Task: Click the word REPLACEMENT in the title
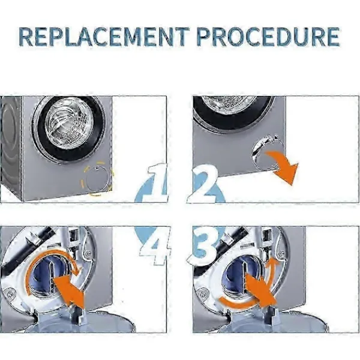click(104, 37)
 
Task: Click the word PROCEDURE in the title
click(268, 37)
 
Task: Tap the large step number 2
click(203, 184)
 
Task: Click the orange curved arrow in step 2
click(284, 166)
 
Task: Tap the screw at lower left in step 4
click(10, 293)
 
